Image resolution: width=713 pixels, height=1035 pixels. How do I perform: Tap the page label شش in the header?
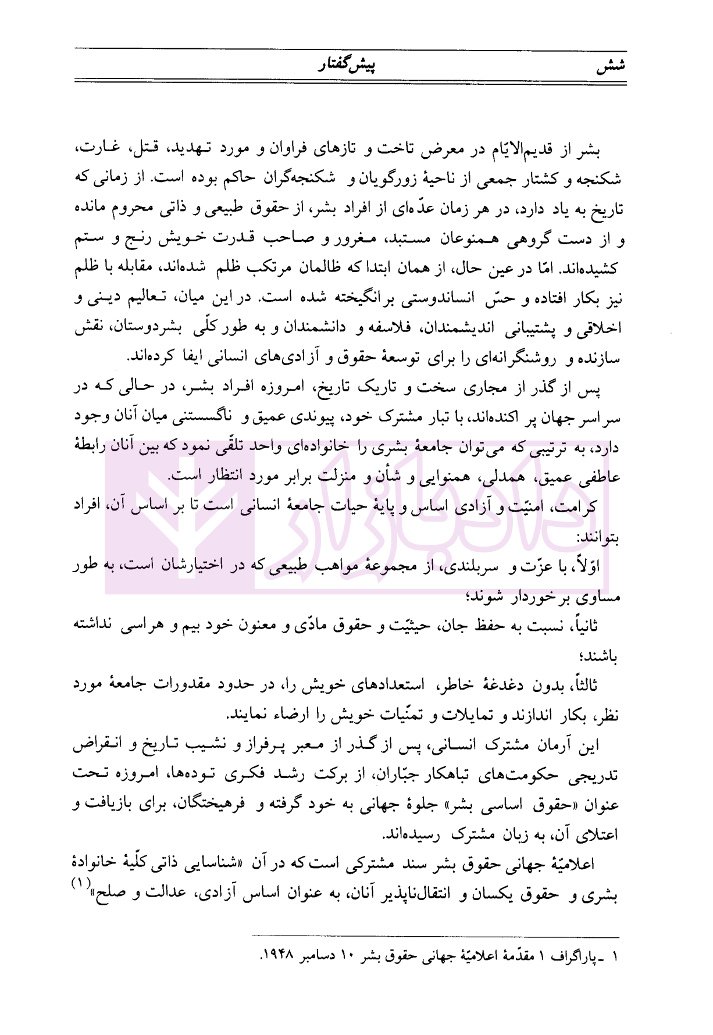pos(611,65)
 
